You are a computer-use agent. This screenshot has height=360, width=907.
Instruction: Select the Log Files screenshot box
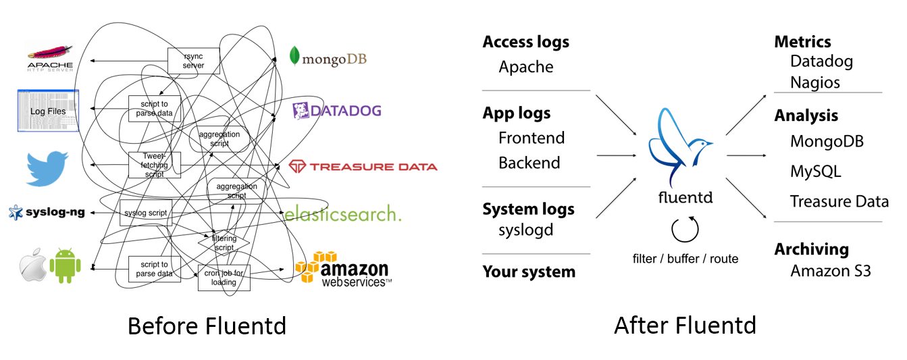pos(48,111)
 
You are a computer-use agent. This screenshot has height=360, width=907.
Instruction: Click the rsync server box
pos(194,61)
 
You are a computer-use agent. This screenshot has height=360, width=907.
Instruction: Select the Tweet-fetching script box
pos(155,165)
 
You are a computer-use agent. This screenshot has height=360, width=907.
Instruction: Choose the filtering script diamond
pos(224,242)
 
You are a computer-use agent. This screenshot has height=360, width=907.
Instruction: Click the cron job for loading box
pos(224,278)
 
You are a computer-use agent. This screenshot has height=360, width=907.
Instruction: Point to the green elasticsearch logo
pos(342,214)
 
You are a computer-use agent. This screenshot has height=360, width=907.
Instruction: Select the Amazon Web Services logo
pos(343,267)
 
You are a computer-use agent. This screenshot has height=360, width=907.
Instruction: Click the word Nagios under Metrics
pos(815,82)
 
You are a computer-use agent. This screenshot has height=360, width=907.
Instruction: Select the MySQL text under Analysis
pos(815,172)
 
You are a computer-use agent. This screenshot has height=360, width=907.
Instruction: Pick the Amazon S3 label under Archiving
pos(830,271)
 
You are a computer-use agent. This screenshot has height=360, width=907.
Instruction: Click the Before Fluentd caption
pos(207,326)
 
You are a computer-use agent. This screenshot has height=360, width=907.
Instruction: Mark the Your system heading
pos(529,272)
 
